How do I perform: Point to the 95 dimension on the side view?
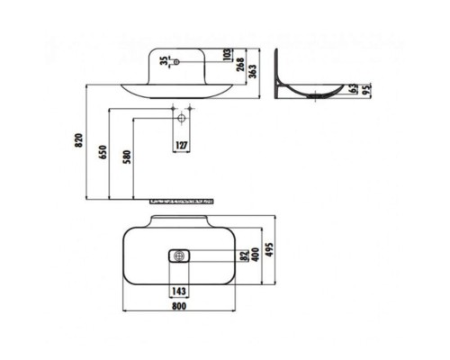click(x=367, y=89)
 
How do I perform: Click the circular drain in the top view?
click(x=178, y=256)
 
